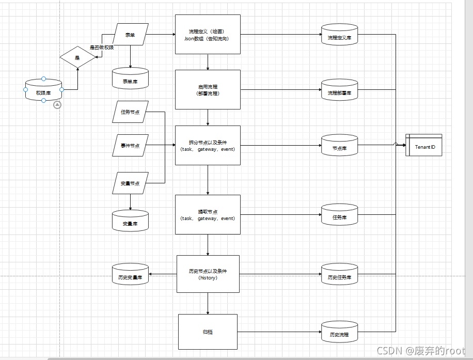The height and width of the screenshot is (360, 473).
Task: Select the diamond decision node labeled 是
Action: pos(78,57)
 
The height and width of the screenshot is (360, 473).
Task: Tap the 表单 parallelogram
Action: pos(130,35)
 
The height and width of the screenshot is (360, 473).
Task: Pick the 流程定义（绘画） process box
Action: pos(208,35)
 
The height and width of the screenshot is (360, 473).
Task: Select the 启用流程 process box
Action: pos(208,90)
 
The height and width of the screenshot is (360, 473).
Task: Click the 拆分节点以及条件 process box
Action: pos(208,146)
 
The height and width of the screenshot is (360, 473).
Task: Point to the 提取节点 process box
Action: pos(208,215)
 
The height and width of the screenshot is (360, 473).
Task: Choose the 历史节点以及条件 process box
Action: pos(208,274)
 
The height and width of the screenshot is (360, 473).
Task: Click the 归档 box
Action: pos(208,332)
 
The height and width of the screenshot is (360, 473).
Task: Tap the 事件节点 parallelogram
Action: pos(130,145)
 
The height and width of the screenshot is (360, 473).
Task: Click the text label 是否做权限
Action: pos(102,48)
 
